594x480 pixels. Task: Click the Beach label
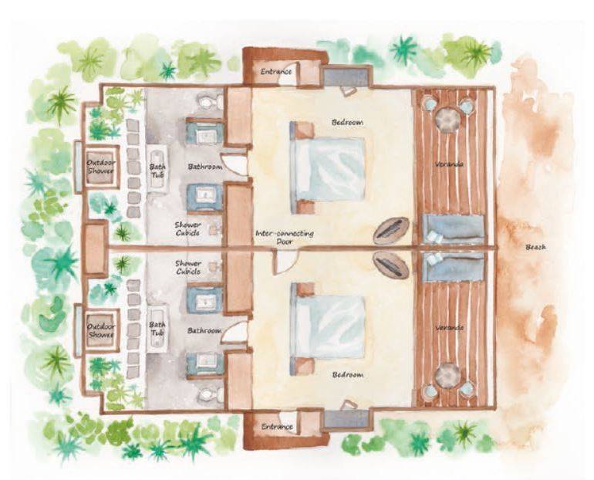tap(535, 247)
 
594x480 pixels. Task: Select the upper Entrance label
tap(276, 72)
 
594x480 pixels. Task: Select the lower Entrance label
tap(276, 426)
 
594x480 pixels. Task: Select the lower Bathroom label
tap(204, 331)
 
